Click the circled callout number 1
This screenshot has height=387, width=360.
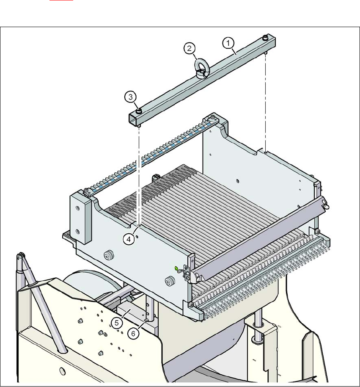click(228, 43)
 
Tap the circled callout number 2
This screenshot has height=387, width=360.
click(189, 49)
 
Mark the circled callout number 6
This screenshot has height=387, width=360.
click(133, 333)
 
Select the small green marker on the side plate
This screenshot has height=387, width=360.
click(176, 268)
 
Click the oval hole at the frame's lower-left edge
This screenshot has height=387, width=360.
click(62, 371)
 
